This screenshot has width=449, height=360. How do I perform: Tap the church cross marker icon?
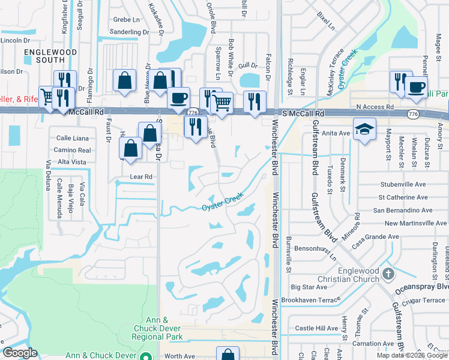(x=388, y=274)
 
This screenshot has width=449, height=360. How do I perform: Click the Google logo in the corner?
(x=20, y=353)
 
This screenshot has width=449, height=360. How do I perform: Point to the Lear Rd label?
(x=142, y=177)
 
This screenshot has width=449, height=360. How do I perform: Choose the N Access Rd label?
(x=375, y=107)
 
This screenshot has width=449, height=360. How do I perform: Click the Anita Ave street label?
(x=336, y=133)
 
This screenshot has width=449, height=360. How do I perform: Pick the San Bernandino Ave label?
(x=402, y=211)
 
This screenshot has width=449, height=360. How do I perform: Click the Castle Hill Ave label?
(x=317, y=328)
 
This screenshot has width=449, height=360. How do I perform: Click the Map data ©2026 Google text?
(x=411, y=355)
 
